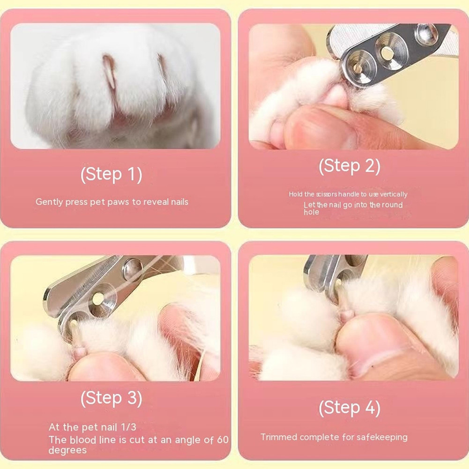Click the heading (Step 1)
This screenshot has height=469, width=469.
pyautogui.click(x=111, y=175)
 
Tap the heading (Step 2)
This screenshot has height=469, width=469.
pyautogui.click(x=350, y=166)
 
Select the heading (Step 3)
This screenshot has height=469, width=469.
pyautogui.click(x=111, y=398)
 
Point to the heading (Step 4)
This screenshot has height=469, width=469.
pyautogui.click(x=350, y=408)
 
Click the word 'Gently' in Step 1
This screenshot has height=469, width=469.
pyautogui.click(x=49, y=202)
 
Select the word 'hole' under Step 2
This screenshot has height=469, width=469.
pyautogui.click(x=312, y=212)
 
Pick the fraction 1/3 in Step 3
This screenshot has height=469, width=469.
pyautogui.click(x=128, y=427)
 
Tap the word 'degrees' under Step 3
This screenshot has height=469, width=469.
pyautogui.click(x=67, y=450)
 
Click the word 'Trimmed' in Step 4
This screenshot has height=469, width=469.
pyautogui.click(x=278, y=437)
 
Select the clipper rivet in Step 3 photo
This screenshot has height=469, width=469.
pyautogui.click(x=132, y=268)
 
